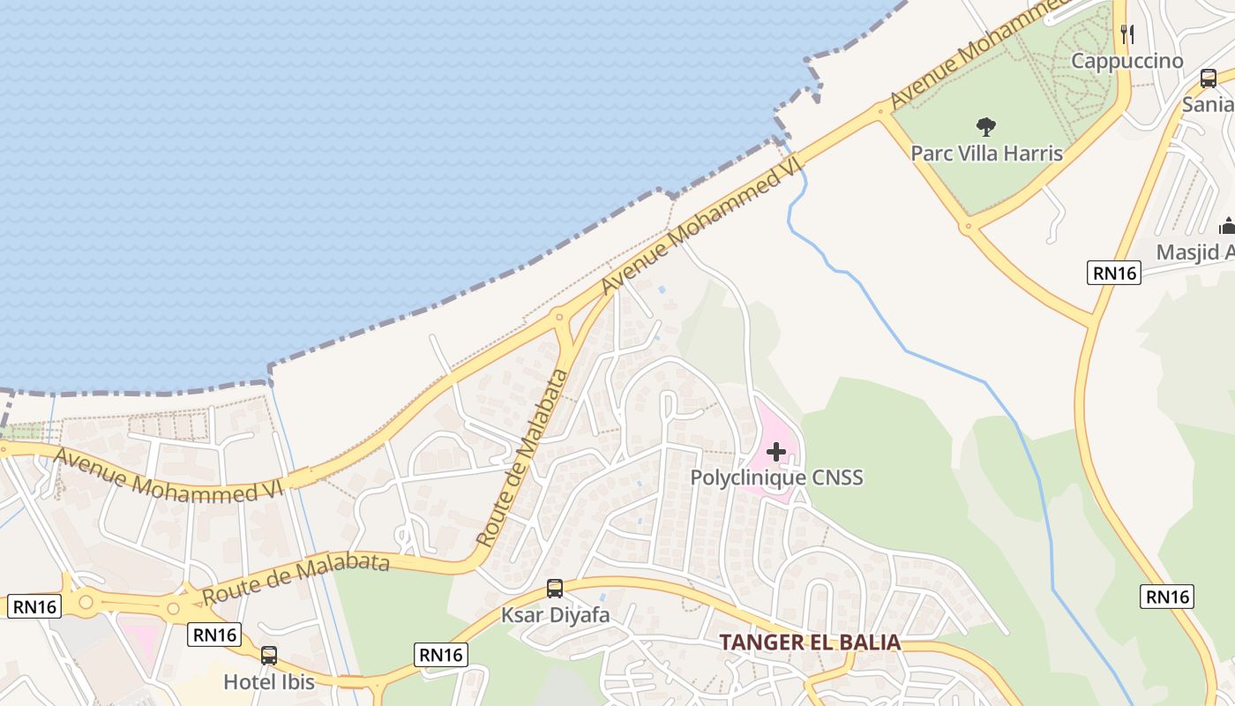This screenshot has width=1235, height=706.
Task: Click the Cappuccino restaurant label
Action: pyautogui.click(x=1126, y=61)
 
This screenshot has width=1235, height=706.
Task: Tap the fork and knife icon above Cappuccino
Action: pyautogui.click(x=1126, y=34)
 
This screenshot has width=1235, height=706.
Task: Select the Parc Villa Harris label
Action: pyautogui.click(x=986, y=153)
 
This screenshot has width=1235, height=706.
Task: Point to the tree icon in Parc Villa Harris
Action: pyautogui.click(x=986, y=127)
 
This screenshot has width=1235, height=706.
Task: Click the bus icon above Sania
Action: pyautogui.click(x=1209, y=79)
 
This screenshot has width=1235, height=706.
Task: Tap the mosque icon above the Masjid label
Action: pyautogui.click(x=1227, y=226)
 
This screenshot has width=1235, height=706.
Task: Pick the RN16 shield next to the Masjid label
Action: pyautogui.click(x=1114, y=273)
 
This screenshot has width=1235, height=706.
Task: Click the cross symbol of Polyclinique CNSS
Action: pyautogui.click(x=776, y=453)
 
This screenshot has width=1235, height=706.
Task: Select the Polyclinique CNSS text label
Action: pyautogui.click(x=776, y=477)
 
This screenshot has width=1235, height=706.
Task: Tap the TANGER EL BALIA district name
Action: pyautogui.click(x=810, y=642)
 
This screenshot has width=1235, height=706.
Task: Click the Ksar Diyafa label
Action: pyautogui.click(x=556, y=614)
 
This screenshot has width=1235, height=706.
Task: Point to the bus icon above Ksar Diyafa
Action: pyautogui.click(x=555, y=589)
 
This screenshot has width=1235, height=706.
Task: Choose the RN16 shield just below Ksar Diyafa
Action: pyautogui.click(x=440, y=654)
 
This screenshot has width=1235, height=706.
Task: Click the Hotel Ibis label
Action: pyautogui.click(x=269, y=681)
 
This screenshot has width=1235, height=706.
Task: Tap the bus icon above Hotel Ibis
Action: pyautogui.click(x=269, y=656)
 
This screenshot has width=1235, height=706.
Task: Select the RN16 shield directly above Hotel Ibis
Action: pyautogui.click(x=214, y=634)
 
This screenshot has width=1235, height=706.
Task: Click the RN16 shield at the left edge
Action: pyautogui.click(x=34, y=606)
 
